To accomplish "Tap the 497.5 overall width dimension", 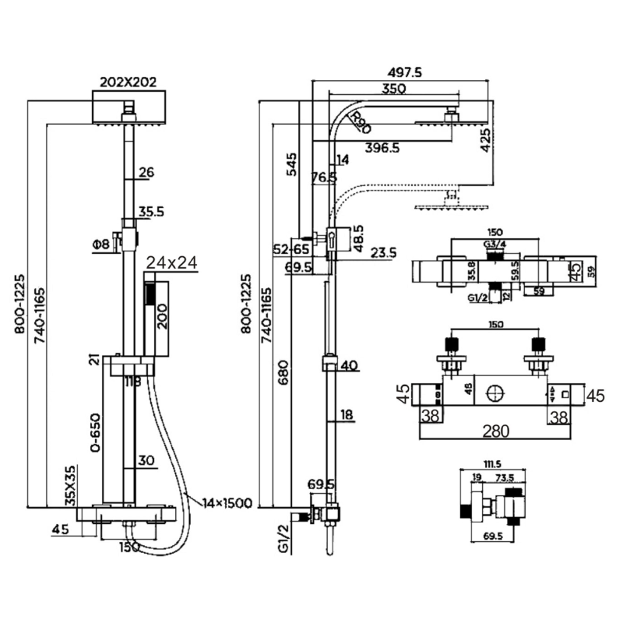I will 403,72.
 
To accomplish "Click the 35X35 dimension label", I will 70,486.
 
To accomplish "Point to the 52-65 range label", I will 291,249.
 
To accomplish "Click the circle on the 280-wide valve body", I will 492,393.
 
